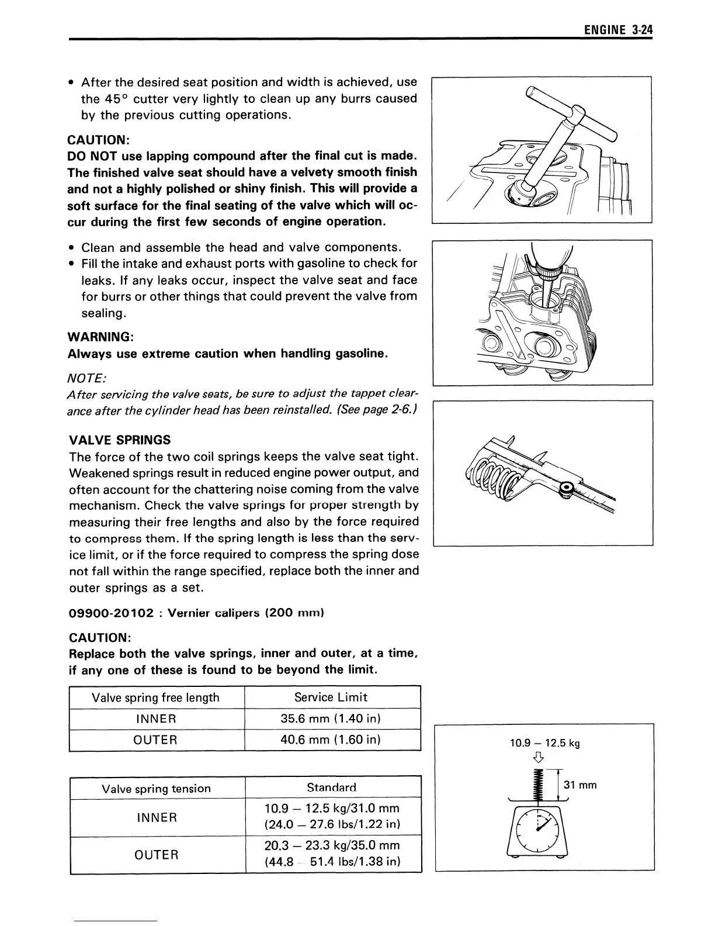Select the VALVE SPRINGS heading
tap(120, 440)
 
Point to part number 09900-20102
tap(111, 613)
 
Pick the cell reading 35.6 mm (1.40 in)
tap(331, 718)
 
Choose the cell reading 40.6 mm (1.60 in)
tap(331, 740)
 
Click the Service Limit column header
tap(331, 697)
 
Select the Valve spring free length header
tap(155, 697)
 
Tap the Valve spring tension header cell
tap(156, 789)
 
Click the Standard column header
tap(331, 787)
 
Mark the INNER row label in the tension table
tap(156, 817)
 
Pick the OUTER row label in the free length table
tap(155, 740)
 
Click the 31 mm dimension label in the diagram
tap(579, 785)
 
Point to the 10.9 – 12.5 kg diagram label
tap(544, 744)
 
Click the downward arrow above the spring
tap(539, 759)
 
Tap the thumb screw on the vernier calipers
tap(566, 488)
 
